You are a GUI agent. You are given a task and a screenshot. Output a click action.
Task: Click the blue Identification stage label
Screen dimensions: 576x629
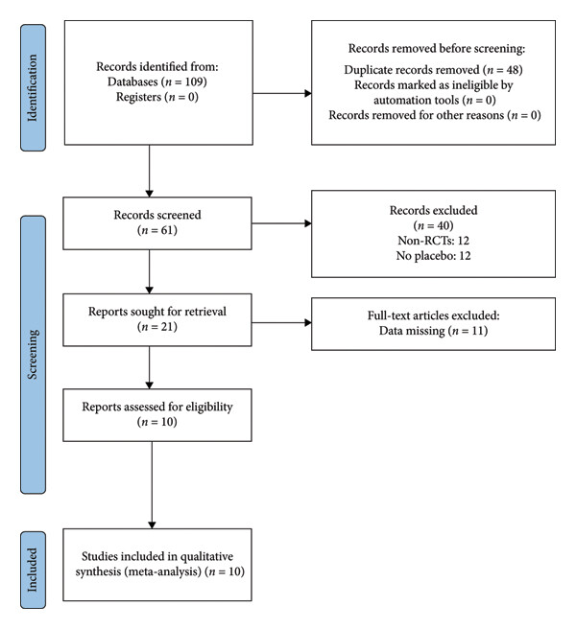click(33, 87)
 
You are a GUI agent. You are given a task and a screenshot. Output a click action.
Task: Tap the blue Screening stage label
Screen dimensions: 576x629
click(33, 355)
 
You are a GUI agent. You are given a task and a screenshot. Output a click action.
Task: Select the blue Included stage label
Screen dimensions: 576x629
click(33, 570)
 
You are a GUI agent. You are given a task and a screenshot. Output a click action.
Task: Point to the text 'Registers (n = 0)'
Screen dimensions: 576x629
click(157, 97)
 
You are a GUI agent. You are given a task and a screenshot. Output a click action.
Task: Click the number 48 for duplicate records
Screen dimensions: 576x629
click(513, 70)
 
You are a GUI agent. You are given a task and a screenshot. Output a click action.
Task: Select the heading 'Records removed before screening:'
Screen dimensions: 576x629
click(437, 49)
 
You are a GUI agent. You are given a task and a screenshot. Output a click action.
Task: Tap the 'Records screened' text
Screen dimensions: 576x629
click(157, 215)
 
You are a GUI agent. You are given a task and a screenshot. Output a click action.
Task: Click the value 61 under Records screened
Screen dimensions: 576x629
click(168, 230)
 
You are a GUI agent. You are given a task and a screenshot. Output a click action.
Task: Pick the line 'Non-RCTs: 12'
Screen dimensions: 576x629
click(433, 241)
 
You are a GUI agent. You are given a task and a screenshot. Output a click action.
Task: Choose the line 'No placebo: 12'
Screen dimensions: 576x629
click(433, 256)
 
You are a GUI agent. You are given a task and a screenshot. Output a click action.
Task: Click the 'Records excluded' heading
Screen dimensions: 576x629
click(433, 211)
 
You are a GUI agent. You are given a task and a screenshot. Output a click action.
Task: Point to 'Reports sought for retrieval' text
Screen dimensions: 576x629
click(157, 312)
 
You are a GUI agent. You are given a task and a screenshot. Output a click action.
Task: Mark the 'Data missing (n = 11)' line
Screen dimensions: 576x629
click(433, 331)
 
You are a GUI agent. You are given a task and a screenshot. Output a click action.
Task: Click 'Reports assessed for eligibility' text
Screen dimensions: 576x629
click(157, 407)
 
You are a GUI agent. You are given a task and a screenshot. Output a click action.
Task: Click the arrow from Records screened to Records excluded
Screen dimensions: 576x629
click(281, 223)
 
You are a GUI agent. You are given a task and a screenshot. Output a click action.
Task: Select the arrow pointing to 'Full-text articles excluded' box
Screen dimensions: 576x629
click(281, 322)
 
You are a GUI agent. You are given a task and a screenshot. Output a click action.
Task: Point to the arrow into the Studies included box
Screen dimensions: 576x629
click(152, 485)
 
